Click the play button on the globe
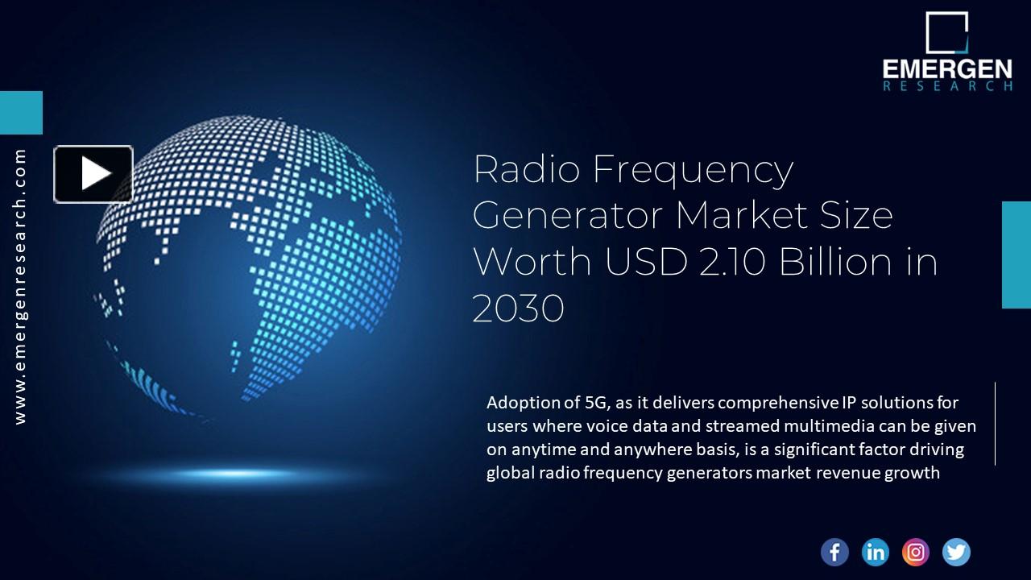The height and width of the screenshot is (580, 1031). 93,174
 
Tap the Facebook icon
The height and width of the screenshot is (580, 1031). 834,552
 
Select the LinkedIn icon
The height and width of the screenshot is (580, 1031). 875,552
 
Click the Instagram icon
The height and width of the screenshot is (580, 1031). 916,552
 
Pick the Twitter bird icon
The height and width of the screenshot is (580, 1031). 956,552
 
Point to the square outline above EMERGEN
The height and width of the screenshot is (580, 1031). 946,32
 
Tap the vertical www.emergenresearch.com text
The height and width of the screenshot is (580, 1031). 20,287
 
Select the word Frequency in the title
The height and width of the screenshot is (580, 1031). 693,171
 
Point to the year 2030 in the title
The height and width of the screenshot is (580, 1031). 518,309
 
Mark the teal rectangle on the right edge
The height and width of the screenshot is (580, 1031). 1016,255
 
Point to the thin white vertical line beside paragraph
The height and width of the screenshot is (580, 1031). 996,424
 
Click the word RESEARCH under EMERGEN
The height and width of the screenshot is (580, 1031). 947,86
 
